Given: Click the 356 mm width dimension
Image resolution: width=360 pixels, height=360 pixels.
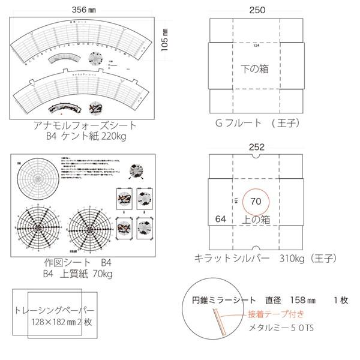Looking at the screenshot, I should (x=85, y=10).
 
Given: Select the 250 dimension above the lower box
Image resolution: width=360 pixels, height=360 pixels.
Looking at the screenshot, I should (x=257, y=10).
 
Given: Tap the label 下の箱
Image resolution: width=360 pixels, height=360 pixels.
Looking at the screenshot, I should (x=255, y=69).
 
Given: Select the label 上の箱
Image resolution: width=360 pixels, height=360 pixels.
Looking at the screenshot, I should (x=256, y=220).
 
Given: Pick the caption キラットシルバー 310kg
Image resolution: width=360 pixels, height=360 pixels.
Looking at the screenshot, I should (x=264, y=259).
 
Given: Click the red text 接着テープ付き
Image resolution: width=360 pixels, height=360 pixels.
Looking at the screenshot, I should (x=276, y=314).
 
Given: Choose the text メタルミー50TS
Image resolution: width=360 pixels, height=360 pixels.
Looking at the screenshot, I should (x=281, y=328).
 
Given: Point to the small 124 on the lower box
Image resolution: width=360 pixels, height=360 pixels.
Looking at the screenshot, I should (x=256, y=46).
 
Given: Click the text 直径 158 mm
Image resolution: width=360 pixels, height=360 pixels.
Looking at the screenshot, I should (x=290, y=299).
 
